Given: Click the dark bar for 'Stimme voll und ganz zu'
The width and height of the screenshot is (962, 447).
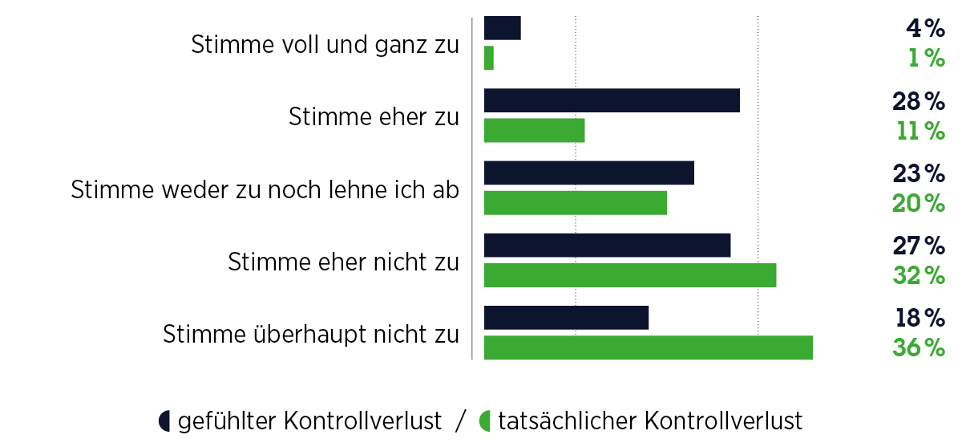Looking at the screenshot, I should (x=503, y=28).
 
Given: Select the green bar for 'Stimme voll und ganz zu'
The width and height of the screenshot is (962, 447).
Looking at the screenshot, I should (x=489, y=58).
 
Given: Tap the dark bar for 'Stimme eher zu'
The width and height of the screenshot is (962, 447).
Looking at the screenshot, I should (x=612, y=100).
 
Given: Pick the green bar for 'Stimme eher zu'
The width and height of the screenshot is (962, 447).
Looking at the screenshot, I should (x=535, y=130).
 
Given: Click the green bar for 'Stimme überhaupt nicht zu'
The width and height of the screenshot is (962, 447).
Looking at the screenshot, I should (x=649, y=347).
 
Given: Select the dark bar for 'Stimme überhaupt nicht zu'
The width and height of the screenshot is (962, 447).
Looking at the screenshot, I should (x=566, y=318).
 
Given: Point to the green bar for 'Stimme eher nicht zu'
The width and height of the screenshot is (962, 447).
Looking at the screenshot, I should (x=630, y=275).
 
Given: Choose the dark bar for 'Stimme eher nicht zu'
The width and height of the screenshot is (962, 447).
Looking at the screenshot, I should (x=608, y=246).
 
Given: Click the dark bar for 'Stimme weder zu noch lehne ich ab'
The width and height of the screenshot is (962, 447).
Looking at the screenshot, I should (x=589, y=173).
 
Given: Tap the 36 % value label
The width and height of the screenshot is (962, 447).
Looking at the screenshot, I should (x=919, y=348).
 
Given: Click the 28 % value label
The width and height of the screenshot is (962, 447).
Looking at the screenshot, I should (x=919, y=101).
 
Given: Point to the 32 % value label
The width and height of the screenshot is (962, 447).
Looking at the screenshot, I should (x=919, y=275).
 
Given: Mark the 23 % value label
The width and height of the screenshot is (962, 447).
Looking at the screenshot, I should (x=919, y=173).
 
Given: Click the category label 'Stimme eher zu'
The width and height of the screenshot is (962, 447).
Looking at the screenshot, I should (x=374, y=117).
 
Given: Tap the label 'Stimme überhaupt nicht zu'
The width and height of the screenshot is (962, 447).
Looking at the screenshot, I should (x=311, y=334).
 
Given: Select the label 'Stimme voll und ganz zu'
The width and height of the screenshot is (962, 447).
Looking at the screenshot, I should (x=325, y=45).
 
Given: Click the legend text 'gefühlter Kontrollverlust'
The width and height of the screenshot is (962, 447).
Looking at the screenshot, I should (x=309, y=421).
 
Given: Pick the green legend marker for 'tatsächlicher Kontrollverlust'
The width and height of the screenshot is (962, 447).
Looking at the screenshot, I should (x=484, y=421).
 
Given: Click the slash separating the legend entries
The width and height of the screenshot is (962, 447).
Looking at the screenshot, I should (x=460, y=421).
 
